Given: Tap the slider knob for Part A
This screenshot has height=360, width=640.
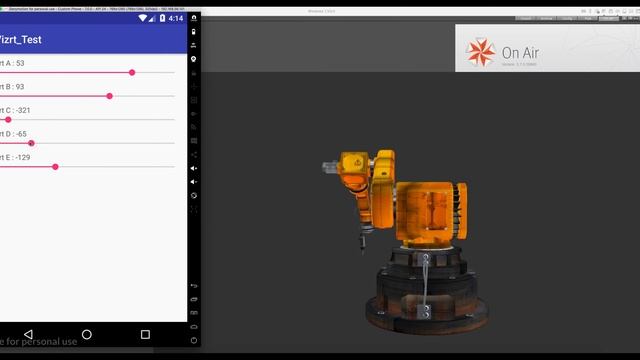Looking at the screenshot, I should pos(132,72).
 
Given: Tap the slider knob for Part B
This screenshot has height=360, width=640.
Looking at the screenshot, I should pos(109,96).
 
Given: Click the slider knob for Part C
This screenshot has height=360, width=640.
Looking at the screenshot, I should pos(8,119).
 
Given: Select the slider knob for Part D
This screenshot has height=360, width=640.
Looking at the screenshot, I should pos(32,143).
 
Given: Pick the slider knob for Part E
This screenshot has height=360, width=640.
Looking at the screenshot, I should pos(55,166).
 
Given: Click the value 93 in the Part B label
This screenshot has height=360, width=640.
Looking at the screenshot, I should pos(20,87).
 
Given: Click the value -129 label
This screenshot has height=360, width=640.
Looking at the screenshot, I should pos(21,157).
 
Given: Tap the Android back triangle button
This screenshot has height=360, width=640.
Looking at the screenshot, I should pos(28,334).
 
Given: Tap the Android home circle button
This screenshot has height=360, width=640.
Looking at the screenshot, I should pos(87,334).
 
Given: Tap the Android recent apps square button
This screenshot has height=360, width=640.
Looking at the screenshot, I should pos(145,334).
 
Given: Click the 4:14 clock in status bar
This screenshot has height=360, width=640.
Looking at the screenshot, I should pos(176,18).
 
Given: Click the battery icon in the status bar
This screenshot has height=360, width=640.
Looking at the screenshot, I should pos(161,18).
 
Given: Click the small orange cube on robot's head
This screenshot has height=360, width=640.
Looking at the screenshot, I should pos(351,162).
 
